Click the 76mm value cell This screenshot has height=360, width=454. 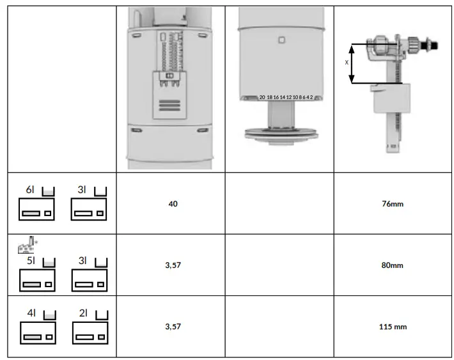[391, 204]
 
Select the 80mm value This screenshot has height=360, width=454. [391, 265]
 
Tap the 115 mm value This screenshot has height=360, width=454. [393, 327]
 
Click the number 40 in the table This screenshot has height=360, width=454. [172, 204]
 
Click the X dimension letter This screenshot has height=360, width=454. [347, 63]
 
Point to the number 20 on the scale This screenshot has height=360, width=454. [262, 97]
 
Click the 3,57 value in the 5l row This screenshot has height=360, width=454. [172, 265]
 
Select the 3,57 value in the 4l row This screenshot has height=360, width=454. [172, 327]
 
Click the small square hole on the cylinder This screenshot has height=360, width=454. [281, 40]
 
